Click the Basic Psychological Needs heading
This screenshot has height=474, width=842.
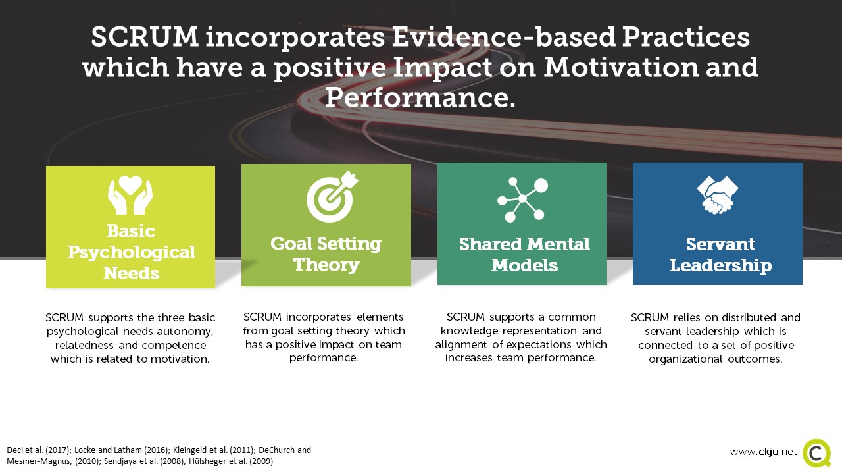coord(131,251)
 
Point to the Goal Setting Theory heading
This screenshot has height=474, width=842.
coord(326,254)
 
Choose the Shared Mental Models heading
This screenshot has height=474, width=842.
coord(524,255)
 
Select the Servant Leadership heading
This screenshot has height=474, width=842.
coord(719,255)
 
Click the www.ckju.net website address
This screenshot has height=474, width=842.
coord(762,452)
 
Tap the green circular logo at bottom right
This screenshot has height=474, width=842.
coord(816,453)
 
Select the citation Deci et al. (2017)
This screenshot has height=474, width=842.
coord(37,450)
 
